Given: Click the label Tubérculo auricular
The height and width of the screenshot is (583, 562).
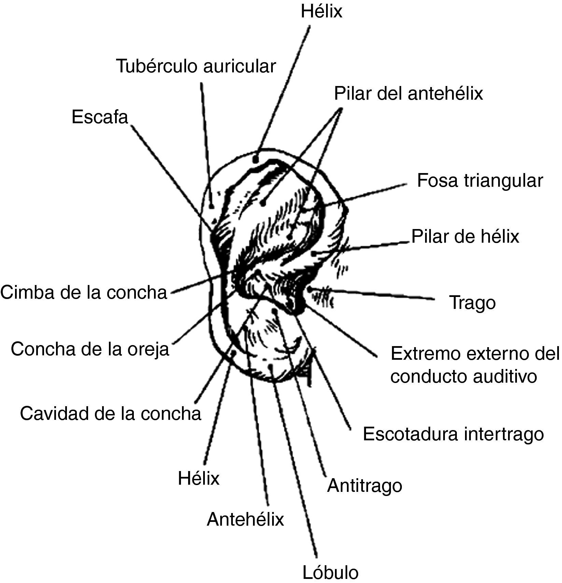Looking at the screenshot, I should [196, 66].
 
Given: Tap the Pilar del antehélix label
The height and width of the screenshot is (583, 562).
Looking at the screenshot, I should [408, 93].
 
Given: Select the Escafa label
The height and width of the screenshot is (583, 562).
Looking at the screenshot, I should [100, 117].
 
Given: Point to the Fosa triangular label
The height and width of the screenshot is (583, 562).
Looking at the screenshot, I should [480, 181].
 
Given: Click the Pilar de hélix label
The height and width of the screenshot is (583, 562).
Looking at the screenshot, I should [465, 236].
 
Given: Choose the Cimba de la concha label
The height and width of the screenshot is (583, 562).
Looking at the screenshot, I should [84, 293].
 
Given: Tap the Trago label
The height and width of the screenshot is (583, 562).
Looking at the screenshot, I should [473, 302].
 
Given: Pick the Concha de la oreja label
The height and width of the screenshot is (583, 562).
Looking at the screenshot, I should [90, 349].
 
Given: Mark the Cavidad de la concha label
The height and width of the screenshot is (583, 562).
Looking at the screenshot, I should [111, 413].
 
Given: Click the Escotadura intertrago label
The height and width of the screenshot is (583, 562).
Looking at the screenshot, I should [453, 434].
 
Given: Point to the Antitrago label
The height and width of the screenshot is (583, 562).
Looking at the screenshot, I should [365, 485].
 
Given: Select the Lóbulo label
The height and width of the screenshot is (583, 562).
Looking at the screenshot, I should [331, 572].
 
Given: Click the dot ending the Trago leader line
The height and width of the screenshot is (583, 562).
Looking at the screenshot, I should [309, 289].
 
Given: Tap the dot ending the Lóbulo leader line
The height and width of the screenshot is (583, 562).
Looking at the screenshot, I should [271, 367].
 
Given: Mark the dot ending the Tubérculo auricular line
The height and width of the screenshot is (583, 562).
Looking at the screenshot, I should [212, 206].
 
